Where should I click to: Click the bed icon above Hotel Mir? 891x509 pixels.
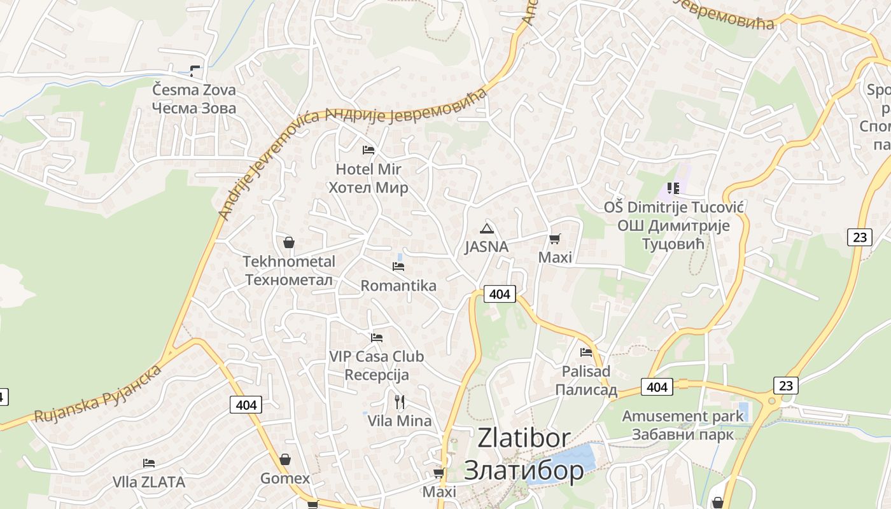point(368,150)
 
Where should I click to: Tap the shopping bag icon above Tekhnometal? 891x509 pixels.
point(288,242)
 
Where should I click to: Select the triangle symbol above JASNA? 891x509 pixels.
point(487,228)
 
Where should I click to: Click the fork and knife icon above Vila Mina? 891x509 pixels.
point(400,402)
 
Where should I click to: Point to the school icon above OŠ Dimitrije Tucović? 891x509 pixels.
point(673,188)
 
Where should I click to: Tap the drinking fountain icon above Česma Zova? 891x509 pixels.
point(195,71)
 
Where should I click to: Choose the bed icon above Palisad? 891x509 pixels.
point(586,352)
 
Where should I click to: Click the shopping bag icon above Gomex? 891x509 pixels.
point(285,459)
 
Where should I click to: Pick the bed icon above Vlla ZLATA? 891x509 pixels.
point(149,463)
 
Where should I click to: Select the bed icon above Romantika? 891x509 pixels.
point(398,266)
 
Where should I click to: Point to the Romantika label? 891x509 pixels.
point(398,286)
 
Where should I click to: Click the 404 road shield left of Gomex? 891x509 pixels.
point(246,405)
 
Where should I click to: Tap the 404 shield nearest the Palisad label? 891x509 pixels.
point(657,387)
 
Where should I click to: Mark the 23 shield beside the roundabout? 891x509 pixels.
point(785,385)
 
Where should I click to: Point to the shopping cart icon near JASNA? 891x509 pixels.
point(555,239)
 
